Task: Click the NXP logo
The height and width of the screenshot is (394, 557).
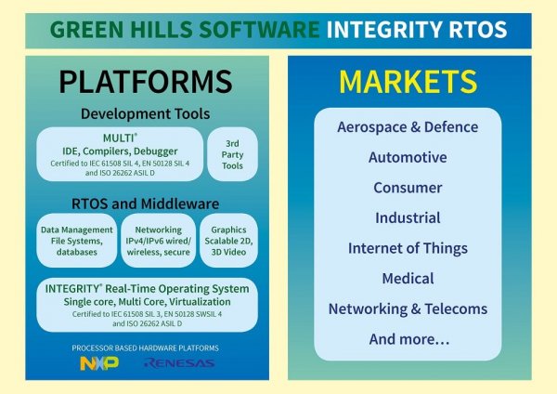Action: tap(99, 362)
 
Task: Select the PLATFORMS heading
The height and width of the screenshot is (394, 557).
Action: tap(146, 82)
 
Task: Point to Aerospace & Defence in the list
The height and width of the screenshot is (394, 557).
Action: tap(408, 127)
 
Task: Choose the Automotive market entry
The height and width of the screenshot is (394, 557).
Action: tap(408, 157)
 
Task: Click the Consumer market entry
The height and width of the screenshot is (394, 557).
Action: tap(408, 188)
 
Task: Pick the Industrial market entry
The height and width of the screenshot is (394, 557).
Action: tap(408, 217)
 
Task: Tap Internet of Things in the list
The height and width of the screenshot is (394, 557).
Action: tap(408, 248)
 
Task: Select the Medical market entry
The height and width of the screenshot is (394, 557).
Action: tap(408, 278)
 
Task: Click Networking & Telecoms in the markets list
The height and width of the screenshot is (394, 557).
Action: tap(408, 309)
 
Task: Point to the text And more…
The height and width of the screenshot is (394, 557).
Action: tap(408, 339)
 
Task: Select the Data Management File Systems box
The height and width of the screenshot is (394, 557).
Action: tap(77, 240)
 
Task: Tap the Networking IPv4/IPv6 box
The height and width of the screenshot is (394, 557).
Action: tap(158, 240)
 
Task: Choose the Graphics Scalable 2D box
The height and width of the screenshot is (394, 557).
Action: tap(228, 240)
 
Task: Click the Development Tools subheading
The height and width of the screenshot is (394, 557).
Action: tap(146, 113)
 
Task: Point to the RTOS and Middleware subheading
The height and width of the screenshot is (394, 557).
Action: tap(146, 203)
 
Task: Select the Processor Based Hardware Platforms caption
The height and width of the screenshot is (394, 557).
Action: tap(146, 347)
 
